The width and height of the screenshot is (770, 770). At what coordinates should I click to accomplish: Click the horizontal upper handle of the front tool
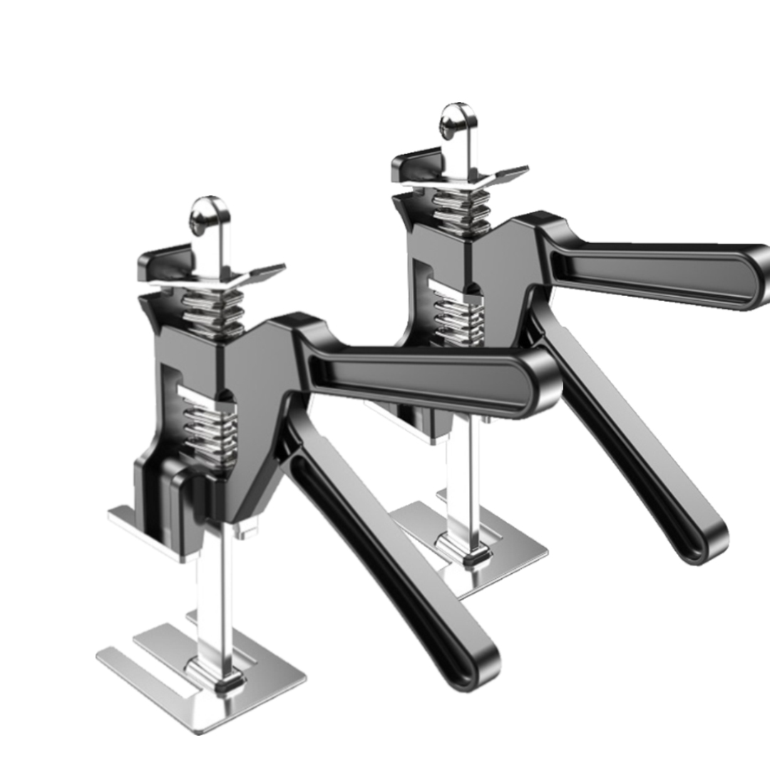(428, 378)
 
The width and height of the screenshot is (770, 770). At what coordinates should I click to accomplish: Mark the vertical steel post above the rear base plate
(456, 485)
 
